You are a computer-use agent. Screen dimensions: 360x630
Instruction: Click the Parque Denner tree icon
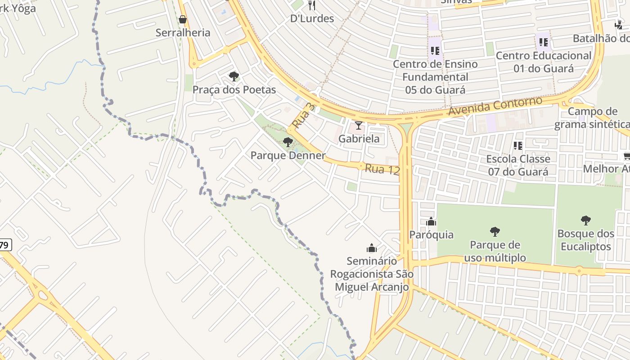pyautogui.click(x=288, y=142)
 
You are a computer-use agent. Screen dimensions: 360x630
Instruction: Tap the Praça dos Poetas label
pyautogui.click(x=234, y=90)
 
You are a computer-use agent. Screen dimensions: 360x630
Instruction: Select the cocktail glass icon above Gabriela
pyautogui.click(x=359, y=125)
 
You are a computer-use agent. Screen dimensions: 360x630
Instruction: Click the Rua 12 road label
pyautogui.click(x=382, y=169)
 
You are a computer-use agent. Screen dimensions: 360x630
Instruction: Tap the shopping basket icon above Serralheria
pyautogui.click(x=183, y=19)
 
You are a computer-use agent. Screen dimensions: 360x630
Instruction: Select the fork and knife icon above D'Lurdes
pyautogui.click(x=311, y=5)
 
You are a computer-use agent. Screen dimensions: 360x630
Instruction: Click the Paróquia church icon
pyautogui.click(x=431, y=221)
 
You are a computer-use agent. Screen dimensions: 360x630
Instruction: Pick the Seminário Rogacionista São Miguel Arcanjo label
pyautogui.click(x=372, y=274)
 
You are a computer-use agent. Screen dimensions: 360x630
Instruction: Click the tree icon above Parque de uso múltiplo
pyautogui.click(x=495, y=232)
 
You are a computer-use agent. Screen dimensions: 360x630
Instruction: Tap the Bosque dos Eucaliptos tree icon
pyautogui.click(x=585, y=220)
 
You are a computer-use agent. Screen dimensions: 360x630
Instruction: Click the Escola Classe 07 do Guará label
pyautogui.click(x=518, y=165)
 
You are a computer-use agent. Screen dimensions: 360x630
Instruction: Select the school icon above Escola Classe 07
pyautogui.click(x=518, y=146)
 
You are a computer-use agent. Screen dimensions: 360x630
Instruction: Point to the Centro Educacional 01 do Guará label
pyautogui.click(x=544, y=62)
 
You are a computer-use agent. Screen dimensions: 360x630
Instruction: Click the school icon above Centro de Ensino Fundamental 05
pyautogui.click(x=435, y=51)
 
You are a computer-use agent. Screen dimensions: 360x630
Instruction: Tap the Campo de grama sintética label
pyautogui.click(x=592, y=118)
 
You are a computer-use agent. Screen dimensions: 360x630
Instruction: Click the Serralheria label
pyautogui.click(x=183, y=32)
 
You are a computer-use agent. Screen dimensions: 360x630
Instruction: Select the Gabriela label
pyautogui.click(x=359, y=139)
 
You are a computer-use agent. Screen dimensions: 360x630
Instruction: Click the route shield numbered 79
pyautogui.click(x=4, y=245)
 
